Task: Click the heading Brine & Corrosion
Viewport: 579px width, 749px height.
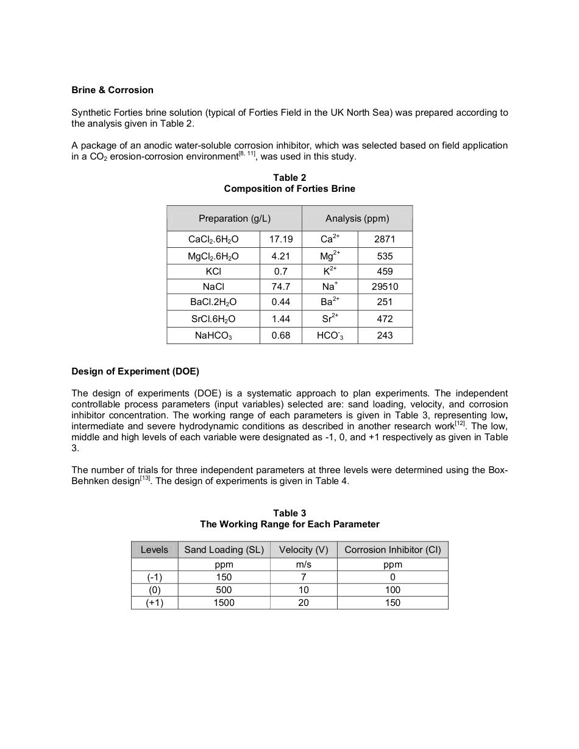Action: click(112, 90)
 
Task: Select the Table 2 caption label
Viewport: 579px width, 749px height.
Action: click(289, 178)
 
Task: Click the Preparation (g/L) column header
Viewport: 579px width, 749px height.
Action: click(235, 218)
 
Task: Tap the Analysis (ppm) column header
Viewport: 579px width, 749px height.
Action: click(357, 218)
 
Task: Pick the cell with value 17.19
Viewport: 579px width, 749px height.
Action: click(281, 239)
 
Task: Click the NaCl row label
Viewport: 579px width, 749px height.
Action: click(213, 286)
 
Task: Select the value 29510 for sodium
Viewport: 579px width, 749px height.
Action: click(385, 286)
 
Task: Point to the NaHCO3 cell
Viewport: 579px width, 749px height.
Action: click(213, 336)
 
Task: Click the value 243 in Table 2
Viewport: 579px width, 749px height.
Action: click(385, 336)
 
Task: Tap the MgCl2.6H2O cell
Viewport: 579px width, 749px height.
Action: click(213, 256)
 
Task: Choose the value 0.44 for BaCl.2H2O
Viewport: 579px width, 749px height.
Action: click(281, 302)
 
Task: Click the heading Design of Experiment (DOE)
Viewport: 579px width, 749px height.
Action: click(135, 371)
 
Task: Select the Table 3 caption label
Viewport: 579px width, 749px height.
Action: click(289, 513)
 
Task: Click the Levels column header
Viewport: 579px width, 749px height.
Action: click(154, 550)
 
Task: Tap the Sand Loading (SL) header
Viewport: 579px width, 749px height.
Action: click(224, 550)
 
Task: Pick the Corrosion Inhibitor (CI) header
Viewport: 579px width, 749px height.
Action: click(393, 550)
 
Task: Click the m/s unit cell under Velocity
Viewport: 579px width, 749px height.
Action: click(304, 564)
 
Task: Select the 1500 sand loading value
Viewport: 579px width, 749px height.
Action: click(224, 603)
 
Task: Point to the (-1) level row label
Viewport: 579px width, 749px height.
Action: click(154, 577)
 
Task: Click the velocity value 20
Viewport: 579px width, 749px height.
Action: click(304, 603)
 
